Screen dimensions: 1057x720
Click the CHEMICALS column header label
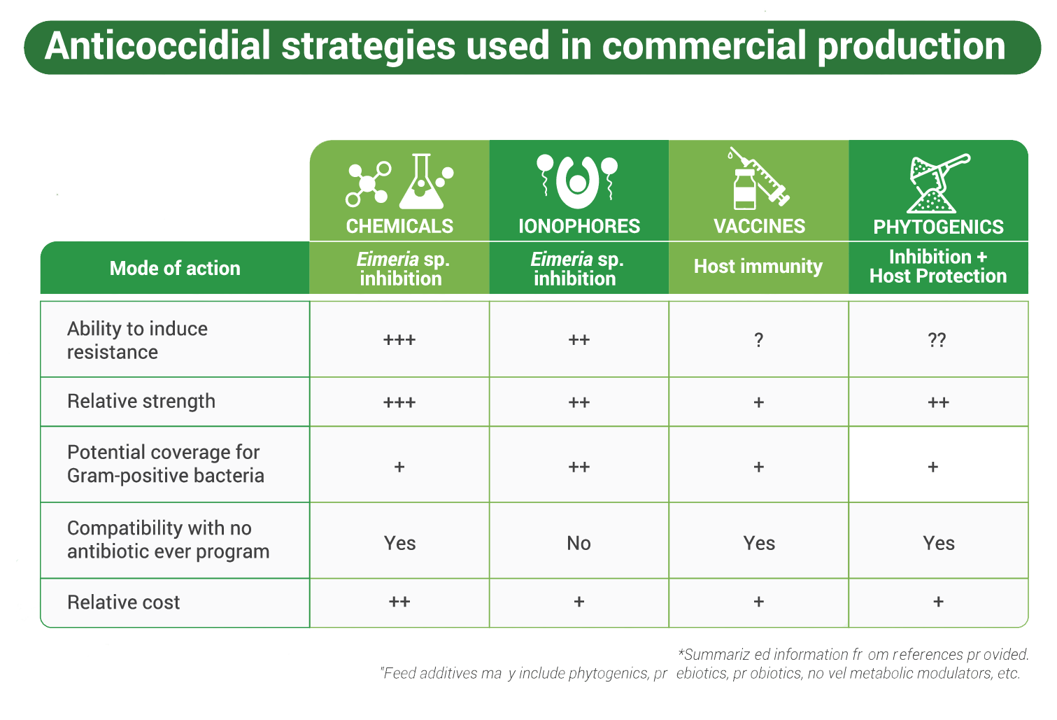399,226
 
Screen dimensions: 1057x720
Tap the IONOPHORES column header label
579,226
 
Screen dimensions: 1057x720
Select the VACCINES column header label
759,226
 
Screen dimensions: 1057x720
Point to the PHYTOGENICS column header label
938,227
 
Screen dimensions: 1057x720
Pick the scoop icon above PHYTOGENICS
938,183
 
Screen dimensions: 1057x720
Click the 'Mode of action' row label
175,268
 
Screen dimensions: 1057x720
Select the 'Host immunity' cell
758,267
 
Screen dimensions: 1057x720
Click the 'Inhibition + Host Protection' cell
938,267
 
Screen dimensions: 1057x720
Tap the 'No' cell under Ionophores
579,543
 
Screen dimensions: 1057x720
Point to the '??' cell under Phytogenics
937,340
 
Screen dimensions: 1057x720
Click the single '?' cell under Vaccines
758,340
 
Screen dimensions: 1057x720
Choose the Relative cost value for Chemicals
399,602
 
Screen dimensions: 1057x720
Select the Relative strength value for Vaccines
759,402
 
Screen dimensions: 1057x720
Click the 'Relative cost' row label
124,602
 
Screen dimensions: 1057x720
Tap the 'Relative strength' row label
141,402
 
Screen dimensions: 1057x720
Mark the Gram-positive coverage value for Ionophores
579,467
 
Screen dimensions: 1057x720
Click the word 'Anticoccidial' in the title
157,45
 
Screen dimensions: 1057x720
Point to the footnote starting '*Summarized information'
853,654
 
